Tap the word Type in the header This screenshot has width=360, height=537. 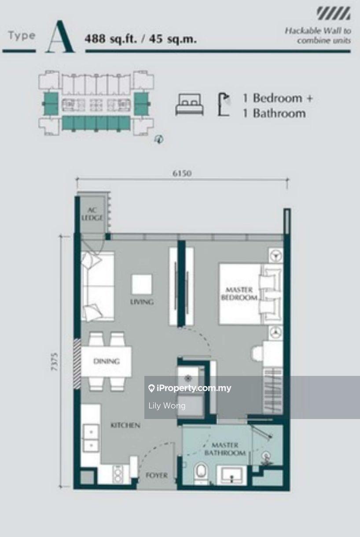(x=22, y=36)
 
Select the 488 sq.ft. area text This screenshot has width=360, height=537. (x=111, y=39)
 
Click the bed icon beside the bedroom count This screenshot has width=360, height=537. (x=189, y=104)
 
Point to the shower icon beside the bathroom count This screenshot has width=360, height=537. (x=224, y=104)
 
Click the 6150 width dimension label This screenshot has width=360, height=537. (x=182, y=173)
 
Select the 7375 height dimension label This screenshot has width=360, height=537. (x=55, y=361)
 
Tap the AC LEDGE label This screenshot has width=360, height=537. (x=92, y=214)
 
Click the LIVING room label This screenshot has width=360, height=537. (x=142, y=302)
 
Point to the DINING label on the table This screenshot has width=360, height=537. (x=107, y=361)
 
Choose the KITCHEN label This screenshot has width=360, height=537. (x=125, y=425)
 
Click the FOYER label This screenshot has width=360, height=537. (x=157, y=475)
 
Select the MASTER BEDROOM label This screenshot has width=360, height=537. (x=239, y=294)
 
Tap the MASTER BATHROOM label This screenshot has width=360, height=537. (x=225, y=449)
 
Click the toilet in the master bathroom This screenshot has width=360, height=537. (x=200, y=471)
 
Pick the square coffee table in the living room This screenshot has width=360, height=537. (x=142, y=284)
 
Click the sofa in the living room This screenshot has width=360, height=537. (x=98, y=286)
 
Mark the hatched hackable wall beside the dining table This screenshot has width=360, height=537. (x=77, y=364)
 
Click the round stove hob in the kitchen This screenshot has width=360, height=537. (x=118, y=475)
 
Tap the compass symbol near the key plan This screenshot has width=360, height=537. (x=159, y=139)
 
